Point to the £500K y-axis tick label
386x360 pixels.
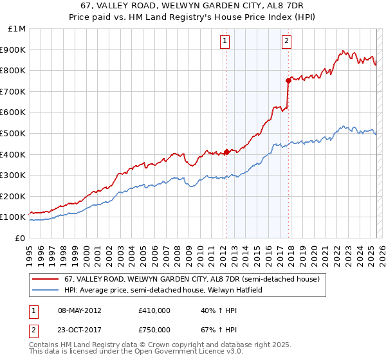14,133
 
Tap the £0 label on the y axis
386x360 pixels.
20,238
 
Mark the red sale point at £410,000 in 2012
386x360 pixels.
226,152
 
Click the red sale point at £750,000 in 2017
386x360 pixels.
288,80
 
